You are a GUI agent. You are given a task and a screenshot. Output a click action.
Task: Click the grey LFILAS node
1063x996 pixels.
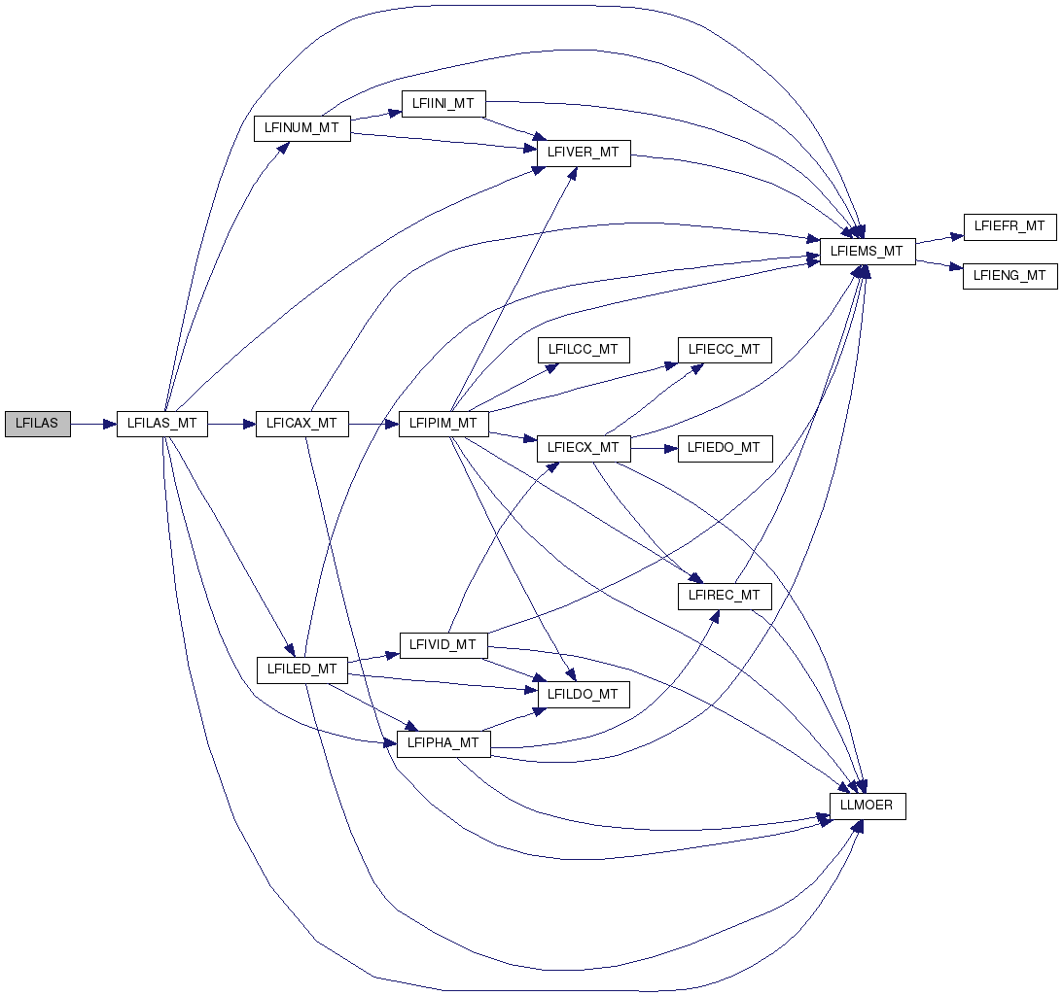(38, 424)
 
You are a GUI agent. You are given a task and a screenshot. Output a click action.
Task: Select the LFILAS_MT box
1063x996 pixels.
(161, 424)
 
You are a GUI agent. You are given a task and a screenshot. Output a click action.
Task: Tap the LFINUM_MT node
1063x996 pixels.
(301, 128)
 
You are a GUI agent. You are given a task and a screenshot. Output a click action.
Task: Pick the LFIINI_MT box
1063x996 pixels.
(443, 103)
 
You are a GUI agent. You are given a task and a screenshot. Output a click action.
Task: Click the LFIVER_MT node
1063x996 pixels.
(584, 153)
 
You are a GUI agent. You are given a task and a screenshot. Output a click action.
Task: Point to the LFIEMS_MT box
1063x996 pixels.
(868, 252)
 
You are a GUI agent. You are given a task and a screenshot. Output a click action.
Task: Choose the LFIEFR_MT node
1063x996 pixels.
(1010, 226)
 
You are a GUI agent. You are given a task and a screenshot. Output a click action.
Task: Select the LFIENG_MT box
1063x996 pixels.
(1010, 276)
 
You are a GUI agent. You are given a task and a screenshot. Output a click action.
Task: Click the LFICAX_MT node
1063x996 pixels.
(301, 424)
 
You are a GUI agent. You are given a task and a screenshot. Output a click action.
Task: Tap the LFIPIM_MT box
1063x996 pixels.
(443, 424)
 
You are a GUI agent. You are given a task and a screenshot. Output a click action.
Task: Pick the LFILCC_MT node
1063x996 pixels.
(584, 350)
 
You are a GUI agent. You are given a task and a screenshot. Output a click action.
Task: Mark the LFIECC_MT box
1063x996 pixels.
(725, 350)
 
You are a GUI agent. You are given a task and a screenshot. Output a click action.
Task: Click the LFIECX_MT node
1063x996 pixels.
(584, 448)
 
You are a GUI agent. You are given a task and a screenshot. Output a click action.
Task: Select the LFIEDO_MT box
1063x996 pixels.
(725, 448)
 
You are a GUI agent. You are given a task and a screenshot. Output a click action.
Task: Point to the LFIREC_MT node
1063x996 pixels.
(725, 596)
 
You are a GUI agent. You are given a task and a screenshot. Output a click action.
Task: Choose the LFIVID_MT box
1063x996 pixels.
(443, 645)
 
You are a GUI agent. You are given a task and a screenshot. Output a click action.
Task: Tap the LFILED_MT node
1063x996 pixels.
(301, 670)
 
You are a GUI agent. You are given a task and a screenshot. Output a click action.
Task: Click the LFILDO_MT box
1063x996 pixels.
(584, 695)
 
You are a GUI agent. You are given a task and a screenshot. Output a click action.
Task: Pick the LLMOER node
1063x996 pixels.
(868, 806)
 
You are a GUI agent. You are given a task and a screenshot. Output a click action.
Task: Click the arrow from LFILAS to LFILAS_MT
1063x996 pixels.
(93, 424)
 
